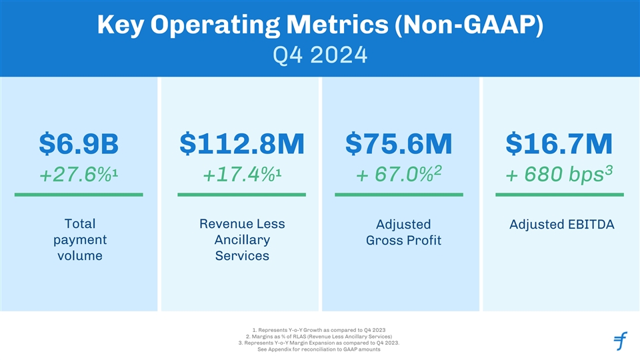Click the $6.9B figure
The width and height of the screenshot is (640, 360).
[x=79, y=143]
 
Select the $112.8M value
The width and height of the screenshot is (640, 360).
[x=242, y=143]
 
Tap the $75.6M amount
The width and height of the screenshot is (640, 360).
[x=399, y=143]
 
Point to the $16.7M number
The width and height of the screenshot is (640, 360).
[x=559, y=143]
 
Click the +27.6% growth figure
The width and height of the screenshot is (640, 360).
[x=79, y=175]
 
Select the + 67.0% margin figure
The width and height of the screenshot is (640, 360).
[x=399, y=175]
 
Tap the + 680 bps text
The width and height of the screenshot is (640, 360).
[x=559, y=175]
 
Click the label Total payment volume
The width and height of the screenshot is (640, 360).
[x=79, y=239]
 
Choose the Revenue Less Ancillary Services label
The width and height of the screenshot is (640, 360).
[x=242, y=239]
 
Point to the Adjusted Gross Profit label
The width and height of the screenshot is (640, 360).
[x=403, y=232]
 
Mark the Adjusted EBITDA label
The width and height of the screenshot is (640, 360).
[x=561, y=225]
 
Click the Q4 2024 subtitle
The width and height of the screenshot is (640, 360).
[x=320, y=54]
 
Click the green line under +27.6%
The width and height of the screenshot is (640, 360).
[x=79, y=195]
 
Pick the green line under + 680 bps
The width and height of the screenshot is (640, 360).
[x=559, y=195]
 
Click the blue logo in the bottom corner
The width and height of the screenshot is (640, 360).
[x=620, y=341]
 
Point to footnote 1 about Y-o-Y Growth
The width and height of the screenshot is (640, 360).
[x=320, y=329]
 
